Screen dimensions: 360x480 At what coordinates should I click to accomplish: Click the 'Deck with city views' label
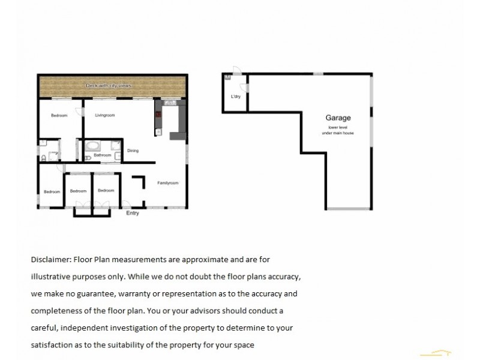point(109,86)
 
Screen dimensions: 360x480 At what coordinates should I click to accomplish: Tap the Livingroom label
point(104,115)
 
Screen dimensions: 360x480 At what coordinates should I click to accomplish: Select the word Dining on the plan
point(133,151)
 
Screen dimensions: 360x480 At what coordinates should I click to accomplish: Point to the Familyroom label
point(168,182)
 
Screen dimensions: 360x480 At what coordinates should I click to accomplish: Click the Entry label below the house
point(132,213)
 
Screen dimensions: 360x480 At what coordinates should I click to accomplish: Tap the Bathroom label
point(103,155)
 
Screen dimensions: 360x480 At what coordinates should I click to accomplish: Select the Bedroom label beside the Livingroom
point(59,115)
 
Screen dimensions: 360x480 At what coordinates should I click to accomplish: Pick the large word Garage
point(338,118)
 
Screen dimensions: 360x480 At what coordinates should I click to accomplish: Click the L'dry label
point(235,96)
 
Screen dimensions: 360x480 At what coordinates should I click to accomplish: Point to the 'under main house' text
point(338,133)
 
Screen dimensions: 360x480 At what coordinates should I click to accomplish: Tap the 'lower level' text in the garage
point(338,127)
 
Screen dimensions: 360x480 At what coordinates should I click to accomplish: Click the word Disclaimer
point(50,260)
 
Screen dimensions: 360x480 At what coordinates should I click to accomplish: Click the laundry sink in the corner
point(227,77)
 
